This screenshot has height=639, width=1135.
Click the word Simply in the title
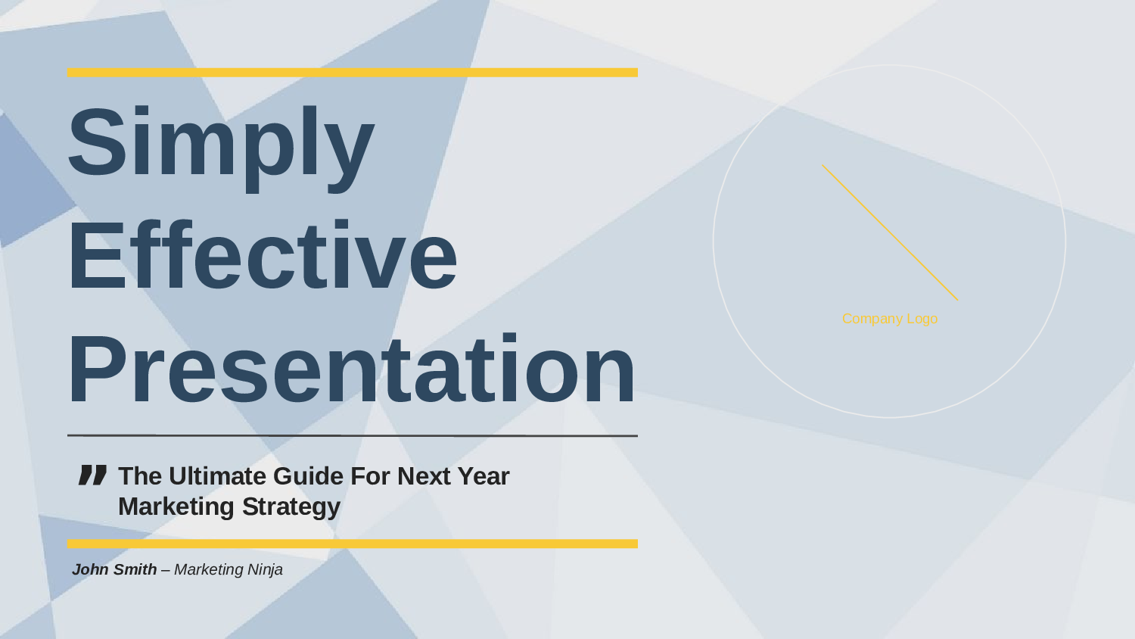pos(221,149)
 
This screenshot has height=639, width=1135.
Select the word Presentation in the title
pos(351,368)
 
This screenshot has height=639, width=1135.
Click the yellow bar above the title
pos(352,73)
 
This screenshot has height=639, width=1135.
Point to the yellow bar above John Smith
pos(352,544)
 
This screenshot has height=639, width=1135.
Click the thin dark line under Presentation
pos(352,435)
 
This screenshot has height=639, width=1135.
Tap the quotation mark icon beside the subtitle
pos(93,475)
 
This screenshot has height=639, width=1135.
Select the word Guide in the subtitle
pos(308,476)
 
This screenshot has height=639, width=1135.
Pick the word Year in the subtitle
pos(483,476)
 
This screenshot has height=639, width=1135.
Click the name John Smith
pos(114,569)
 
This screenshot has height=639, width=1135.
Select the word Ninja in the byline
pos(265,570)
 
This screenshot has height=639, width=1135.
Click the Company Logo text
pos(890,319)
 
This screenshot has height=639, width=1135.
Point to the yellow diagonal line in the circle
pos(890,232)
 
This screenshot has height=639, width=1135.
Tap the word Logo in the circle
pos(922,319)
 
